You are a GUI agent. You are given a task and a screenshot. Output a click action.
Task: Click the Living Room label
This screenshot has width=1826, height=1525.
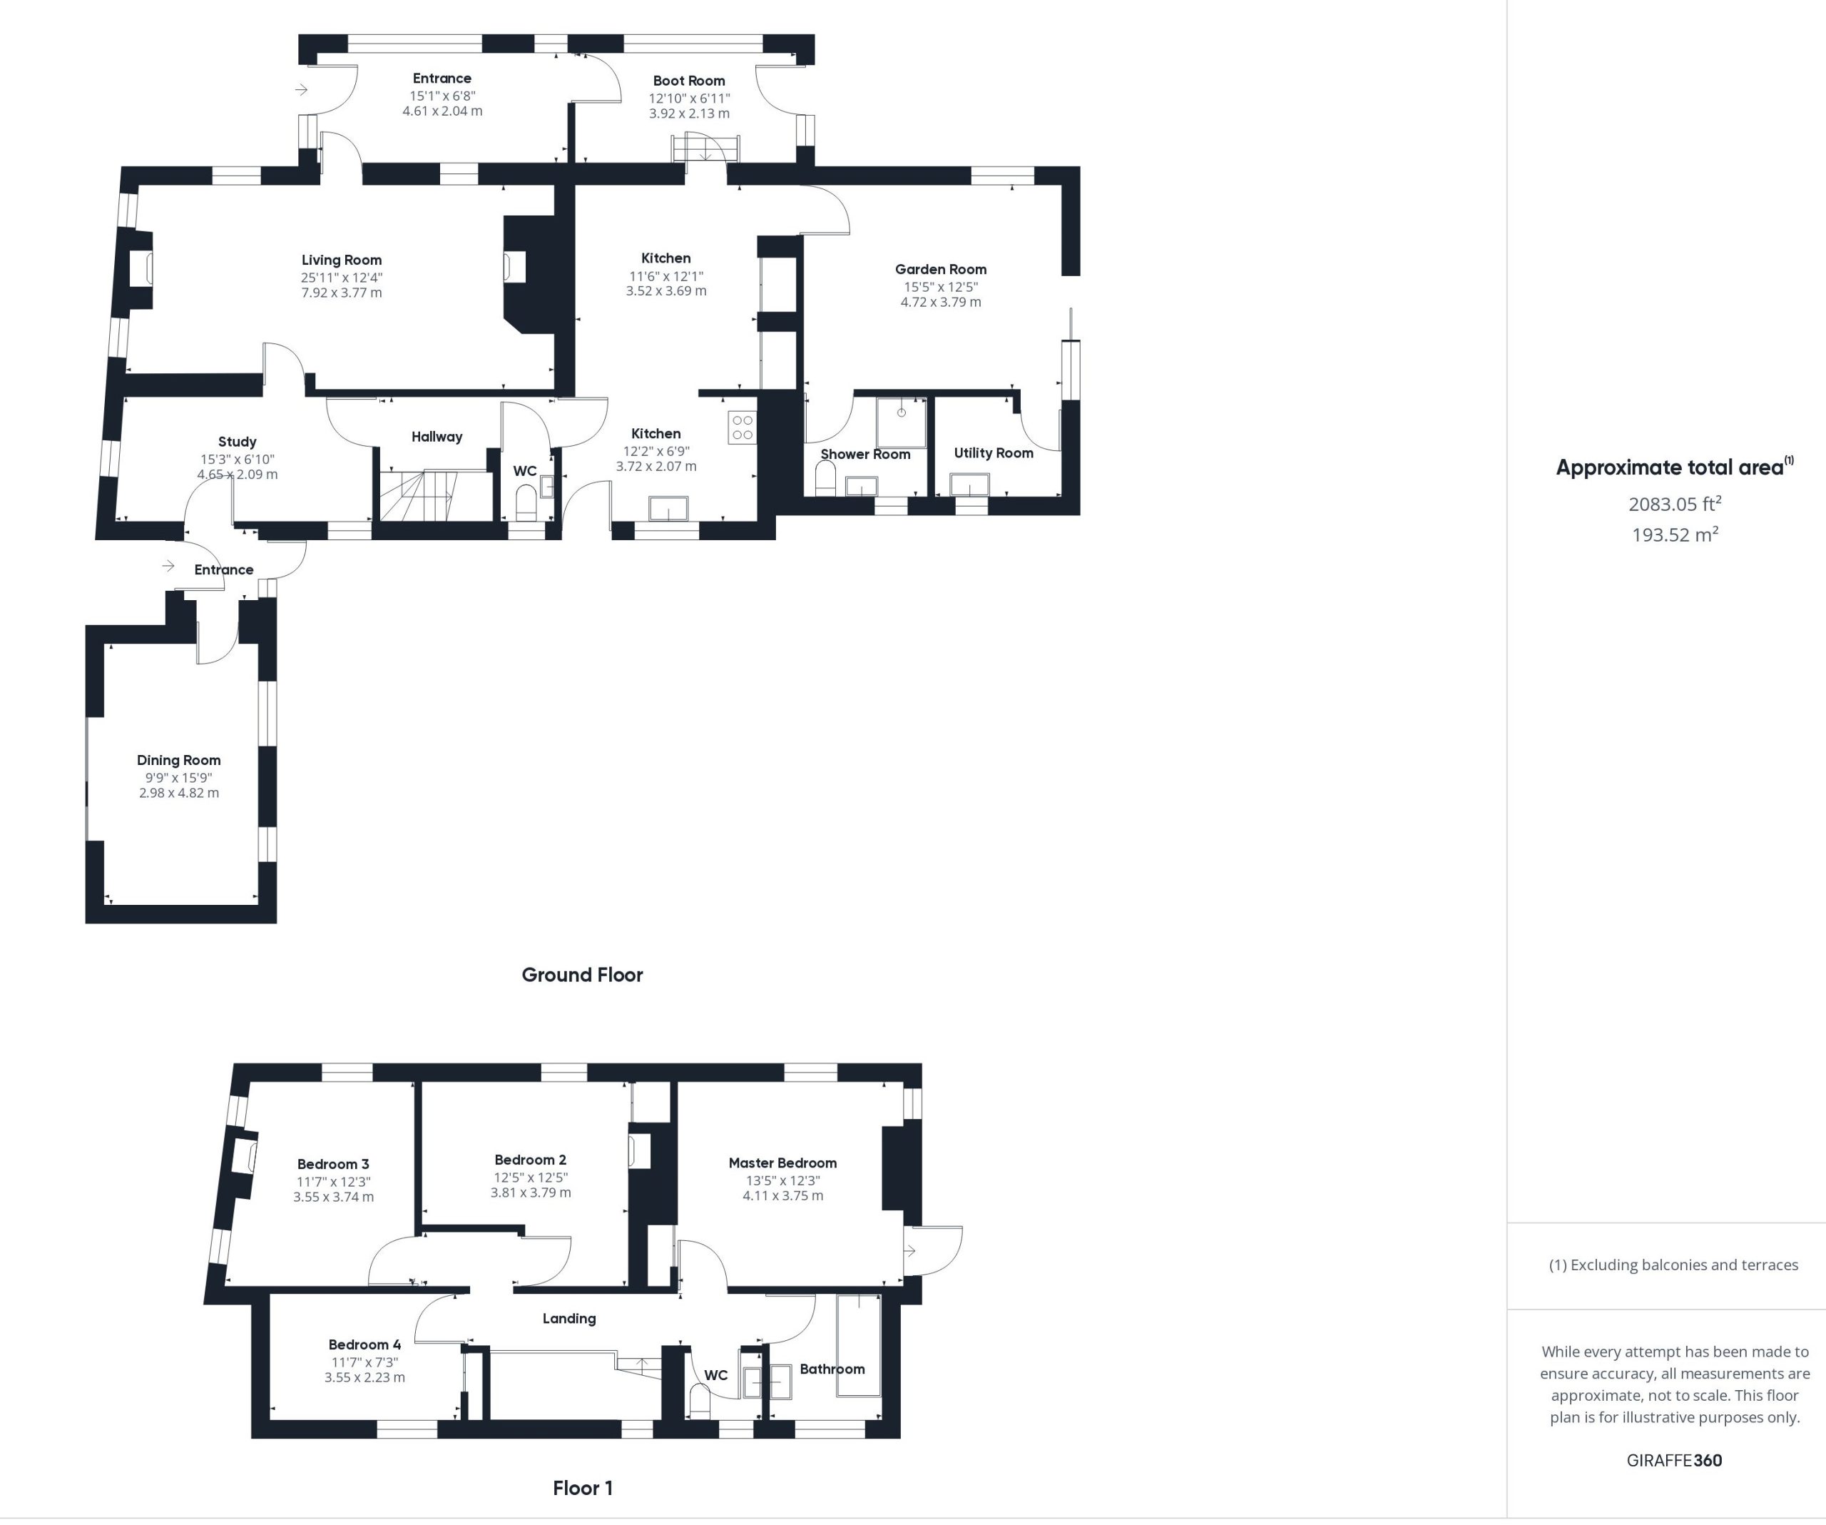(x=342, y=260)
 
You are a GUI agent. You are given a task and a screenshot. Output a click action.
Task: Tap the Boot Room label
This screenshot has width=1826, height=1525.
(x=688, y=81)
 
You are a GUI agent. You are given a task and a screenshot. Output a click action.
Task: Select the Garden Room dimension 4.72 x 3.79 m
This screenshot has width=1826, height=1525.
(x=941, y=302)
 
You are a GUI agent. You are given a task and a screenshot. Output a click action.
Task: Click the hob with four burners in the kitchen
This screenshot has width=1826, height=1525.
(x=743, y=428)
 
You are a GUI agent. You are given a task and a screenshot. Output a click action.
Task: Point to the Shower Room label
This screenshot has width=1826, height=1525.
(x=865, y=454)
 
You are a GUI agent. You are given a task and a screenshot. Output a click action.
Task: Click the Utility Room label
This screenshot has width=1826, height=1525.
(x=994, y=453)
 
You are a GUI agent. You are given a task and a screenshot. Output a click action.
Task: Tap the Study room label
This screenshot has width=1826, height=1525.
(x=238, y=442)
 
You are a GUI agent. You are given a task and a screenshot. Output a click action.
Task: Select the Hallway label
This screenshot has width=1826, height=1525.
(x=437, y=437)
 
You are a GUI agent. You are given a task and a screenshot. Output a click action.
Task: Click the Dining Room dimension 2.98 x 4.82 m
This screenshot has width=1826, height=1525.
(x=179, y=794)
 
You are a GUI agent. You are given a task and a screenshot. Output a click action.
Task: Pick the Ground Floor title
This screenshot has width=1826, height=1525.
(x=583, y=976)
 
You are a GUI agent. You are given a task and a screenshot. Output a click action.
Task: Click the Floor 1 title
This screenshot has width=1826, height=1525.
(x=583, y=1489)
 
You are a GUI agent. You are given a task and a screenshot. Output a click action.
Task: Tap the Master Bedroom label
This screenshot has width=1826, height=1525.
(x=782, y=1163)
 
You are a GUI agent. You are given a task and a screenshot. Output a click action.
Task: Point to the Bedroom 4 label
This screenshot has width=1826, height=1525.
(x=364, y=1345)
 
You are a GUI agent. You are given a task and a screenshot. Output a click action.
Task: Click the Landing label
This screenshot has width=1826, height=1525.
(x=569, y=1319)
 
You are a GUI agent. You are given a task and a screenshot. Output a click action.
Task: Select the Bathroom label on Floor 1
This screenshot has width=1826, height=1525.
(x=832, y=1369)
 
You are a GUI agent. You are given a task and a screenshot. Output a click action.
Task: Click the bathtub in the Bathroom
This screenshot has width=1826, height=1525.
(x=859, y=1346)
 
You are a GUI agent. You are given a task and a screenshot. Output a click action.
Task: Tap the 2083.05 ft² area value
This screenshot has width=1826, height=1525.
(x=1675, y=504)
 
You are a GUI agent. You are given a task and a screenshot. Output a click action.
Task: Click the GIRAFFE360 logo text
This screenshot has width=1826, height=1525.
(x=1675, y=1461)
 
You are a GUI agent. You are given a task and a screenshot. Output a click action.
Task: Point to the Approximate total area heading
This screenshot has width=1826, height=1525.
(x=1675, y=467)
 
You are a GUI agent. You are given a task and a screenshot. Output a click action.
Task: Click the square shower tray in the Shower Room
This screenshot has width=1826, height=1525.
(x=901, y=422)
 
